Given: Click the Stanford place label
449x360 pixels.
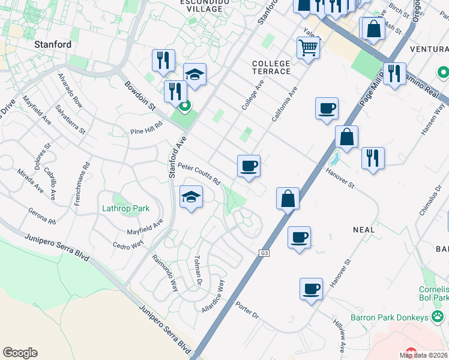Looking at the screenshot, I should pos(53,44).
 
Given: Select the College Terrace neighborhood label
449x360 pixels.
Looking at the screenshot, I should pos(271,67).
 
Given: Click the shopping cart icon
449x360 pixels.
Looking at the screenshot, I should pos(308,47).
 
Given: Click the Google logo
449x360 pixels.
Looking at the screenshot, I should pos(20,352).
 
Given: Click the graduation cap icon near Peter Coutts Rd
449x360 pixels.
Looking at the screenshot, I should pos(191,197).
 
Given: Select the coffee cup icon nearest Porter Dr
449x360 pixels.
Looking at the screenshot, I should pos(311,289).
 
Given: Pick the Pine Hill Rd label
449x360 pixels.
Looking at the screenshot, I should pos(146,130).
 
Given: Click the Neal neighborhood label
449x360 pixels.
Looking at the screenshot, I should pos(364,230).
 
